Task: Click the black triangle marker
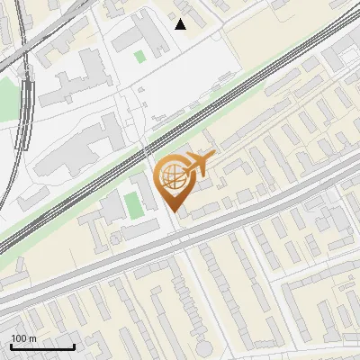pyautogui.click(x=181, y=24)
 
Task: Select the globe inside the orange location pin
pyautogui.click(x=171, y=176)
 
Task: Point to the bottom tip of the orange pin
pyautogui.click(x=174, y=212)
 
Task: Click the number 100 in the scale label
pyautogui.click(x=19, y=338)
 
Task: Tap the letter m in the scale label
pyautogui.click(x=32, y=338)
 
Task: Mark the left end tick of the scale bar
pyautogui.click(x=11, y=346)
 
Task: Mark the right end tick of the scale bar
pyautogui.click(x=74, y=346)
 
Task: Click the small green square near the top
pyautogui.click(x=139, y=57)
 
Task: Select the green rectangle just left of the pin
pyautogui.click(x=134, y=205)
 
